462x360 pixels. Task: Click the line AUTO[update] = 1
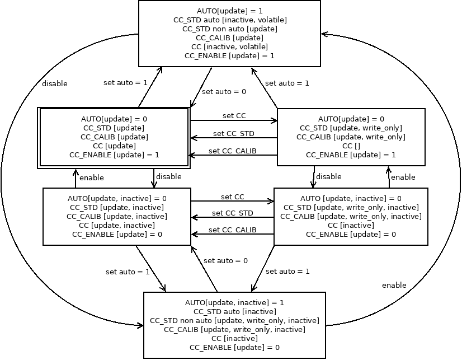[x=230, y=11]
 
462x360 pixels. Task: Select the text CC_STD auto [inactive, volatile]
[x=230, y=20]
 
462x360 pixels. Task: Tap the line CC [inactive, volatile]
[x=230, y=46]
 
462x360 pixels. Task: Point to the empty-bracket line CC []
[x=351, y=146]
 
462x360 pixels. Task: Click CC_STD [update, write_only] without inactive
[x=351, y=128]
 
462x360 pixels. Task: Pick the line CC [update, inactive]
[x=117, y=225]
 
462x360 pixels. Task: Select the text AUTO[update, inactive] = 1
[x=234, y=302]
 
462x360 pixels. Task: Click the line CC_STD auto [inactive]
[x=234, y=311]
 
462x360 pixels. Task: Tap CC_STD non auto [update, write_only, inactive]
[x=234, y=320]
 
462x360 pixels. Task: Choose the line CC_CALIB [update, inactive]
[x=117, y=216]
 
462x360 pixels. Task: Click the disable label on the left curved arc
[x=55, y=84]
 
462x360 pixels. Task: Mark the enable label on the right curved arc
[x=394, y=286]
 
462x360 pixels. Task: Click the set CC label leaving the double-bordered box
[x=234, y=116]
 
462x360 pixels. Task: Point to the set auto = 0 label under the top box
[x=224, y=91]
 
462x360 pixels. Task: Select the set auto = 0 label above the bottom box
[x=225, y=261]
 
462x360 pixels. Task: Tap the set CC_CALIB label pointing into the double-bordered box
[x=233, y=151]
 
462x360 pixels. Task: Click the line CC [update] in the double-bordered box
[x=114, y=146]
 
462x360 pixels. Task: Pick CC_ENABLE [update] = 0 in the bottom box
[x=234, y=347]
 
